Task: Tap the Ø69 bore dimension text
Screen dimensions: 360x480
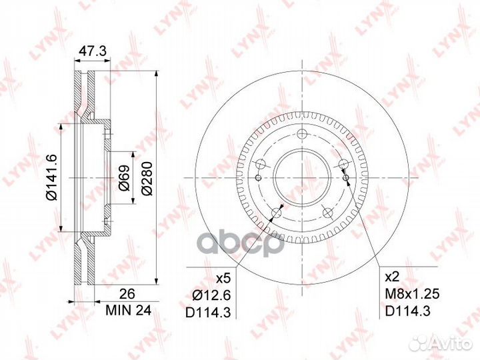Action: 124,179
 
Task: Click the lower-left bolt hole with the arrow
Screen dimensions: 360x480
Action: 274,213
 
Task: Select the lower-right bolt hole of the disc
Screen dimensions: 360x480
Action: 327,212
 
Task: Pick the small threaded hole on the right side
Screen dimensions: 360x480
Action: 347,175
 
